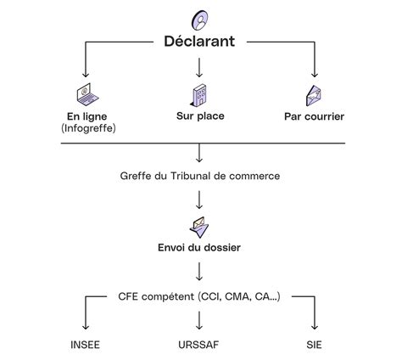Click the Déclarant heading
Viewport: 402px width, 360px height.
click(x=200, y=42)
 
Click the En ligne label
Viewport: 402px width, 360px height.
click(x=87, y=116)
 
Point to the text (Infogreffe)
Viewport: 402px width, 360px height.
click(x=87, y=128)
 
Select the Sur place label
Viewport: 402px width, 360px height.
click(x=200, y=116)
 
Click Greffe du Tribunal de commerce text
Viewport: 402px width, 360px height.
click(x=200, y=176)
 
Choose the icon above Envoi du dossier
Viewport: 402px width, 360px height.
click(x=200, y=226)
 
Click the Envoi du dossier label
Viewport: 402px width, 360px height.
click(x=200, y=248)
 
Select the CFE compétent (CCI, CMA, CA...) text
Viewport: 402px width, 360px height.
click(x=200, y=296)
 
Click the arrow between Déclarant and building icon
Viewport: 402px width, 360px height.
click(x=200, y=66)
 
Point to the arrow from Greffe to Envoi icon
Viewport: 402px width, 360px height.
click(x=200, y=200)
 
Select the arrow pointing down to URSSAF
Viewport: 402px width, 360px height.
click(x=200, y=320)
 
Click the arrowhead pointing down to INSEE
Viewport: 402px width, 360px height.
click(x=86, y=328)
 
